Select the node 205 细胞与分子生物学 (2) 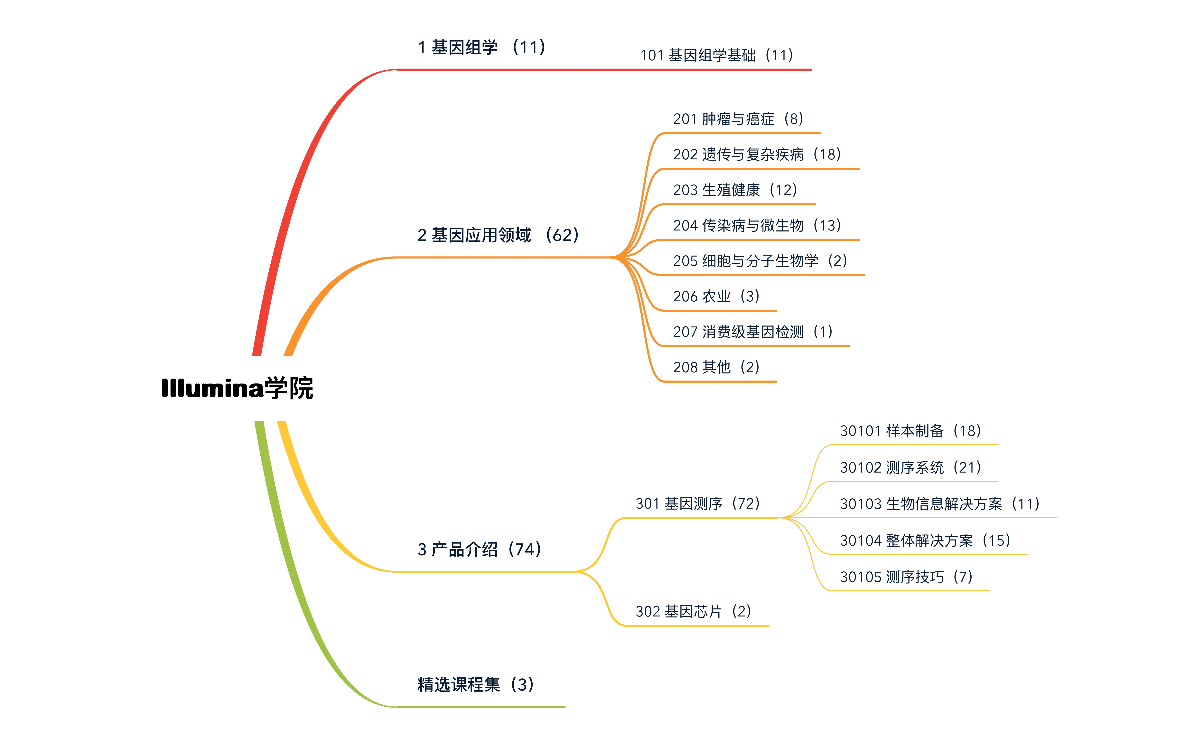click(x=760, y=261)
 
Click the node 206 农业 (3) click(x=716, y=296)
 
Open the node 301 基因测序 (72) click(x=697, y=504)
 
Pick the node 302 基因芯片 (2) click(x=693, y=611)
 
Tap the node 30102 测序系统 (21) click(x=910, y=467)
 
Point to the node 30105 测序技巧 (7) click(x=906, y=577)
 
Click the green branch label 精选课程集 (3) click(x=475, y=684)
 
